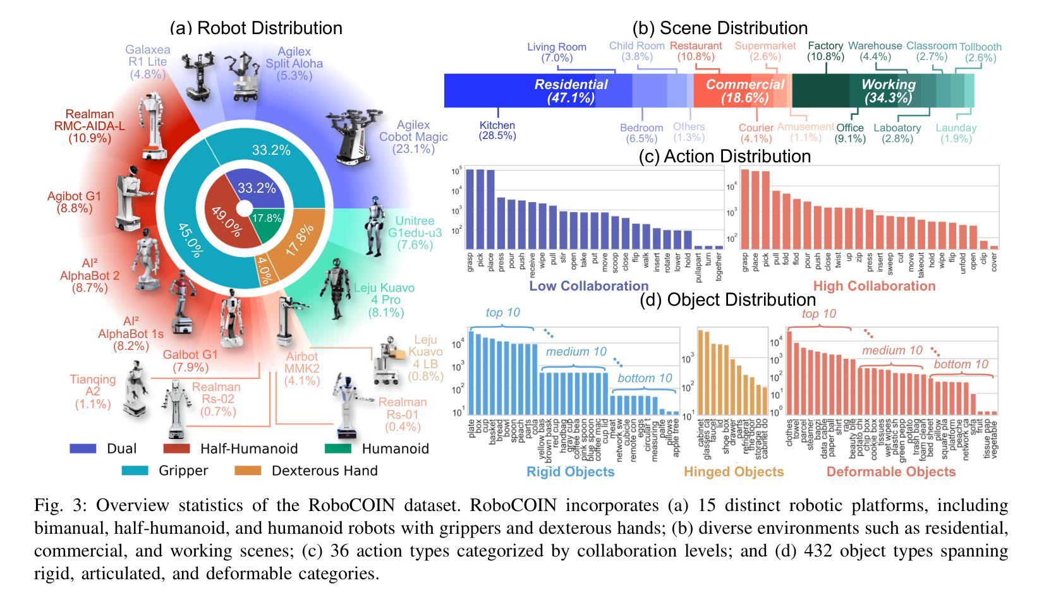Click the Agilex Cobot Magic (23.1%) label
coord(413,137)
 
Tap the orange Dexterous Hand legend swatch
coord(246,471)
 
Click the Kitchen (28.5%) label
coord(497,130)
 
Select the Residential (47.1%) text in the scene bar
coord(571,91)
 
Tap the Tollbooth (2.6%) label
coord(980,52)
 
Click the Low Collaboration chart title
coord(588,286)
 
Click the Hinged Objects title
coord(734,472)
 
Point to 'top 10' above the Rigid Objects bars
coord(502,313)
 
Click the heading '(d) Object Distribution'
coord(728,299)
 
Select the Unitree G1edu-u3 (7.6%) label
coord(414,233)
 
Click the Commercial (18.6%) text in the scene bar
coord(744,91)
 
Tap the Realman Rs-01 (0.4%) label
coord(403,414)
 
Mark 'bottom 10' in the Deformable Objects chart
coord(960,364)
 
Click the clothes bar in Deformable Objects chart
coord(789,373)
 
